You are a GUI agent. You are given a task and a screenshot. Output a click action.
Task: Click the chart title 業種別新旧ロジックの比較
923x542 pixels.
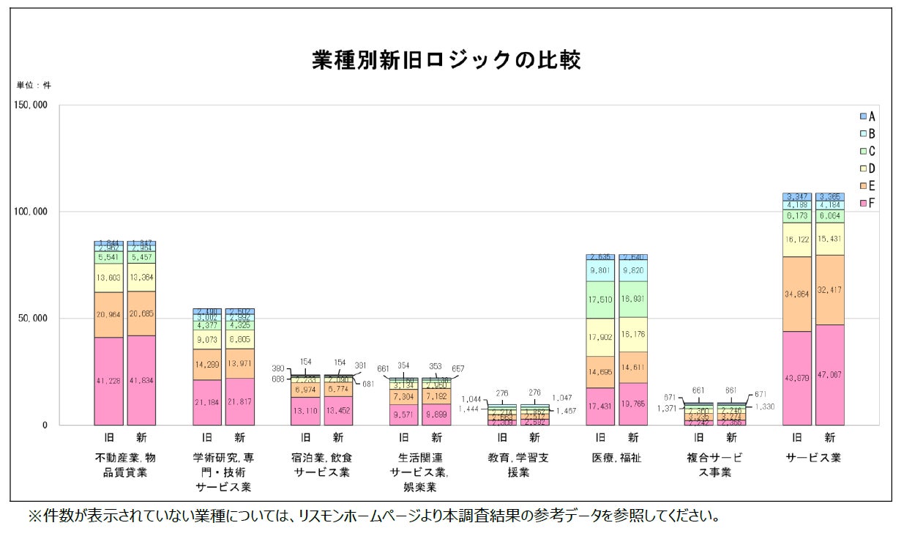pos(446,60)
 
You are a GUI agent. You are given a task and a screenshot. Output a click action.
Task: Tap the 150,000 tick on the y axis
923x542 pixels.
pos(30,105)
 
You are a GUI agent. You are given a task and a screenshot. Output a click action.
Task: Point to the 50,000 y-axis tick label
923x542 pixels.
pos(31,319)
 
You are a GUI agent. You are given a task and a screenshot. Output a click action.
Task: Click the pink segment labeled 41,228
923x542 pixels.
pos(108,381)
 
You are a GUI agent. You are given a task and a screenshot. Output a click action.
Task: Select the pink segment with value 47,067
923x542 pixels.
pos(829,375)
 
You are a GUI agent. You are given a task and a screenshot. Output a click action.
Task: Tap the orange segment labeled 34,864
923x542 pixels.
pos(796,294)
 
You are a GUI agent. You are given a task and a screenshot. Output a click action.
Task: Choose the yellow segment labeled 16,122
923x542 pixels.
pos(796,240)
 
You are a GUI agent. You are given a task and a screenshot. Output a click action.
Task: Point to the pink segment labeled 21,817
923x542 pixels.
pos(239,401)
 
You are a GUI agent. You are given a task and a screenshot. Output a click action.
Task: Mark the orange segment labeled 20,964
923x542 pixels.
pos(108,315)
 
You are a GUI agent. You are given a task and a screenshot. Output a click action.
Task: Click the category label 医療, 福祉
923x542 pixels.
pos(616,458)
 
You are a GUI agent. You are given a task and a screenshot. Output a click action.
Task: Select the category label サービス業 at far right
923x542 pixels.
pos(813,458)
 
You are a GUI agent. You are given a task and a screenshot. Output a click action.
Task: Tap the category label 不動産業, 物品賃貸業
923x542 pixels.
pos(125,465)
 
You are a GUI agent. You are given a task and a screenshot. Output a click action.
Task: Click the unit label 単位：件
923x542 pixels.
pos(34,85)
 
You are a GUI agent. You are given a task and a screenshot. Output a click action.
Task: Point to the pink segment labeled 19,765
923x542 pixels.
pos(633,404)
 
